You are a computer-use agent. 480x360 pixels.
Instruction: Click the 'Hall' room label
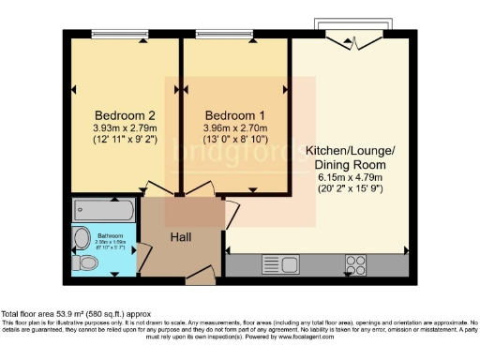[x=180, y=237]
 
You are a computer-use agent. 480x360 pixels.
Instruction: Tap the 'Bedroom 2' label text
[x=116, y=106]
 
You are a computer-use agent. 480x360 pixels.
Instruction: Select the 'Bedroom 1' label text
[x=230, y=106]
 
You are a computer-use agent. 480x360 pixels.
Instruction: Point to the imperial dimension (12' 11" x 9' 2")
[x=117, y=140]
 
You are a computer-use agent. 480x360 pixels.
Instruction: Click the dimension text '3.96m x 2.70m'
[x=230, y=127]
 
